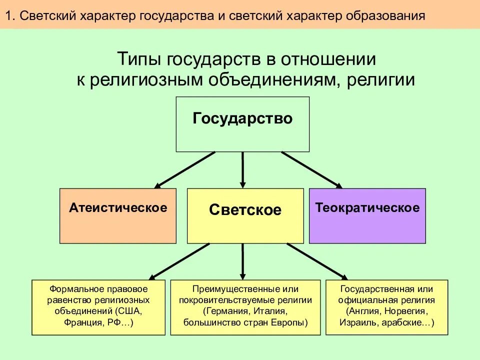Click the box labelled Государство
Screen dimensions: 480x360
coord(242,124)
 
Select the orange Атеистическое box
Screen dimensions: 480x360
coord(118,216)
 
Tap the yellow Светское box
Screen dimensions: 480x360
coord(245,216)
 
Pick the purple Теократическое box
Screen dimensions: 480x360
coord(367,216)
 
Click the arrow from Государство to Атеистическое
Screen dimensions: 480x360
coord(185,170)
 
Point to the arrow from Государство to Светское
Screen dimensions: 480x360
coord(243,170)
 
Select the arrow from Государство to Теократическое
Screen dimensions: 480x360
coord(311,170)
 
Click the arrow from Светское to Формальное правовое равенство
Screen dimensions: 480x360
coord(179,261)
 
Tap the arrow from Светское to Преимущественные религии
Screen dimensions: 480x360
coord(243,261)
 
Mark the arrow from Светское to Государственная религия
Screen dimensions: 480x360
coord(317,261)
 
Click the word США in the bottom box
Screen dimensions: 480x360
coord(129,311)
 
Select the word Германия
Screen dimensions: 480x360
coord(226,311)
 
